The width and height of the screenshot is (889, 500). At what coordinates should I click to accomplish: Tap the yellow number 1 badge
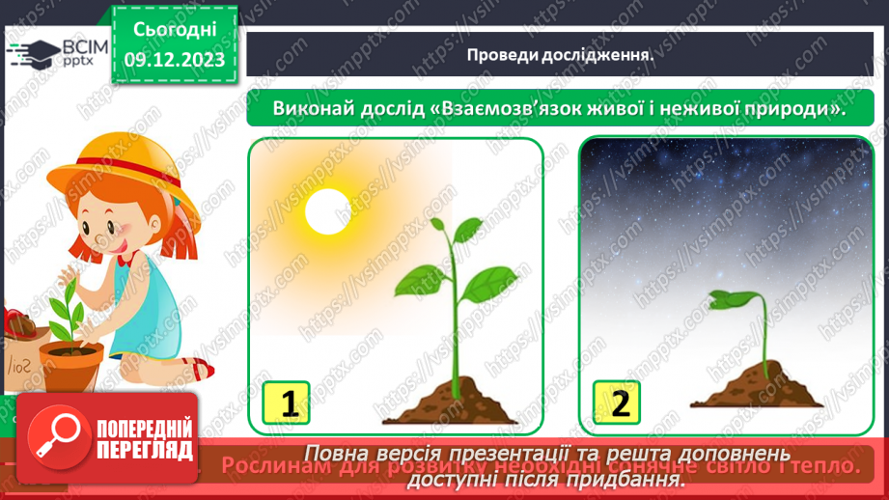(290, 402)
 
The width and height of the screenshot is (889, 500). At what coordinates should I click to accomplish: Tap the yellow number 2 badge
(619, 402)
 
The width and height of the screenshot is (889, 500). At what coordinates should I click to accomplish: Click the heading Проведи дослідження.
(560, 55)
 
